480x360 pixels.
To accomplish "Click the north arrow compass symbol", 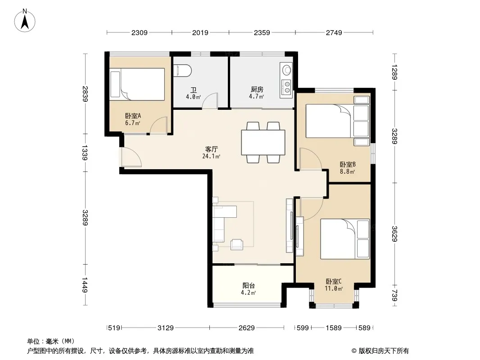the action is pos(25,21).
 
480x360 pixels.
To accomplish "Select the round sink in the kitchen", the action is pos(286,70).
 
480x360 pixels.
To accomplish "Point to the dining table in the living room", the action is pos(263,143).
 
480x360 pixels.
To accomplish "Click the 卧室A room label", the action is pos(133,116).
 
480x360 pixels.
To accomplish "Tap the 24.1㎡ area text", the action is pos(211,156).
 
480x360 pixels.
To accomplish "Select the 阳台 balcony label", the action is pos(249,285).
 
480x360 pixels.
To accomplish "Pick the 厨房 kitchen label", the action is pos(257,89).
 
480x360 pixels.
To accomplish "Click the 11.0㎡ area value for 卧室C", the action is pos(334,288).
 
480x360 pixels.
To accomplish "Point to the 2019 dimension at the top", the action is pos(200,32).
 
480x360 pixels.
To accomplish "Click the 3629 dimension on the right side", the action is pos(394,234).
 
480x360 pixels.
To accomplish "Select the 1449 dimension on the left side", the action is pos(85,285).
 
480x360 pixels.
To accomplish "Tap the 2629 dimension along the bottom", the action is pos(247,328).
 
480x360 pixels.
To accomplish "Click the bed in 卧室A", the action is pos(137,84).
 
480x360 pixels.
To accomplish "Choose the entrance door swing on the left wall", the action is pos(131,157).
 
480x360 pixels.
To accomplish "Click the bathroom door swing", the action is pos(210,100).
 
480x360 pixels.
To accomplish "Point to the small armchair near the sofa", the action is pos(237,244).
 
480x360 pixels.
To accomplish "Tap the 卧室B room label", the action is pos(348,165).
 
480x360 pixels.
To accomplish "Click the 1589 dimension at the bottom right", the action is pos(334,328).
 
